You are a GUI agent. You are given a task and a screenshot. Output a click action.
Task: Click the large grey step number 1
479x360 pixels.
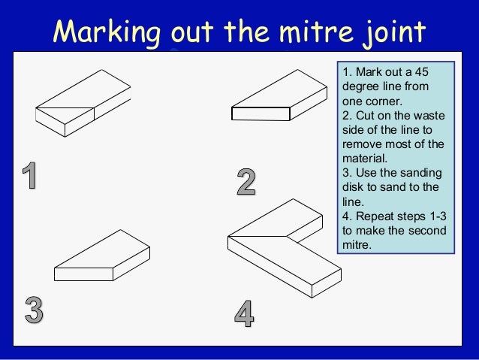[x=30, y=175]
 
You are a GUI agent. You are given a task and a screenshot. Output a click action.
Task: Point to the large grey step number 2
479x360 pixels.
[x=246, y=182]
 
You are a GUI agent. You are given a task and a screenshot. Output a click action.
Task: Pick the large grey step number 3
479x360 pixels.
[x=34, y=310]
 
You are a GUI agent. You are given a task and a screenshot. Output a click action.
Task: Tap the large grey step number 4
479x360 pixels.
[x=244, y=313]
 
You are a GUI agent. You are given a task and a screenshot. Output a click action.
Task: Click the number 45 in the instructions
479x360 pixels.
[x=422, y=72]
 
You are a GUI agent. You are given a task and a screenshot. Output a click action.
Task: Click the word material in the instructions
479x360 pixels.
[x=365, y=159]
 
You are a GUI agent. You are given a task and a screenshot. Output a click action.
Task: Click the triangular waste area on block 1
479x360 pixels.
[x=65, y=105]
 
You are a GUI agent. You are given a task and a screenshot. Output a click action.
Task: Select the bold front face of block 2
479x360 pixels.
[x=261, y=113]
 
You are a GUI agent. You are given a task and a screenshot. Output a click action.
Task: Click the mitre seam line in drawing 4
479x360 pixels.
[x=258, y=237]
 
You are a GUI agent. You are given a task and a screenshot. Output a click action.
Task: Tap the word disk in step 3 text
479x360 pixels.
[x=353, y=187]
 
